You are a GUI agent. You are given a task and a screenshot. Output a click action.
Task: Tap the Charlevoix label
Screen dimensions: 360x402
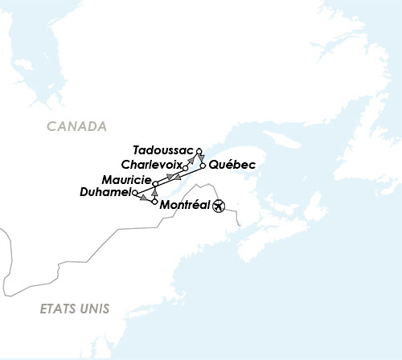point(151,164)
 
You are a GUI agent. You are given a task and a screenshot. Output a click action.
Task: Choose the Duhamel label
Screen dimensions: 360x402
point(106,192)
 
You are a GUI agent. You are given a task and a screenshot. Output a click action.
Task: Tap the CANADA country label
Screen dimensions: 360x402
point(76,126)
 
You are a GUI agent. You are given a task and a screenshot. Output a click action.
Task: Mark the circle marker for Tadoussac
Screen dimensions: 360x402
point(199,150)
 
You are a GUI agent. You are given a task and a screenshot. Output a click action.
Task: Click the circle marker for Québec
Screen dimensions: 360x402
point(202,166)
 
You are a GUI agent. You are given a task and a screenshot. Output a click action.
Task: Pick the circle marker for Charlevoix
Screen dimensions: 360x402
point(186,168)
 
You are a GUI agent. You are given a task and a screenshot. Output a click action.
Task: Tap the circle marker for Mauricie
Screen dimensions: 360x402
point(154,184)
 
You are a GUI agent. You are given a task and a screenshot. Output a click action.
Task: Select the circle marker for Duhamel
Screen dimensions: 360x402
point(135,193)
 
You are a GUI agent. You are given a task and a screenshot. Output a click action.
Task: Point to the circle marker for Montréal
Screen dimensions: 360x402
point(154,202)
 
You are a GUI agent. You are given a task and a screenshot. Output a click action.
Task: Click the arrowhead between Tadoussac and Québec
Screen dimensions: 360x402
point(201,158)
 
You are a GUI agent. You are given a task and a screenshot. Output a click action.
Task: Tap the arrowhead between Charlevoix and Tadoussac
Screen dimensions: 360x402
point(191,161)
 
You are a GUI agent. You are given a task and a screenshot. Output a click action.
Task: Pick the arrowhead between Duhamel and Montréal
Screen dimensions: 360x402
point(145,198)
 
